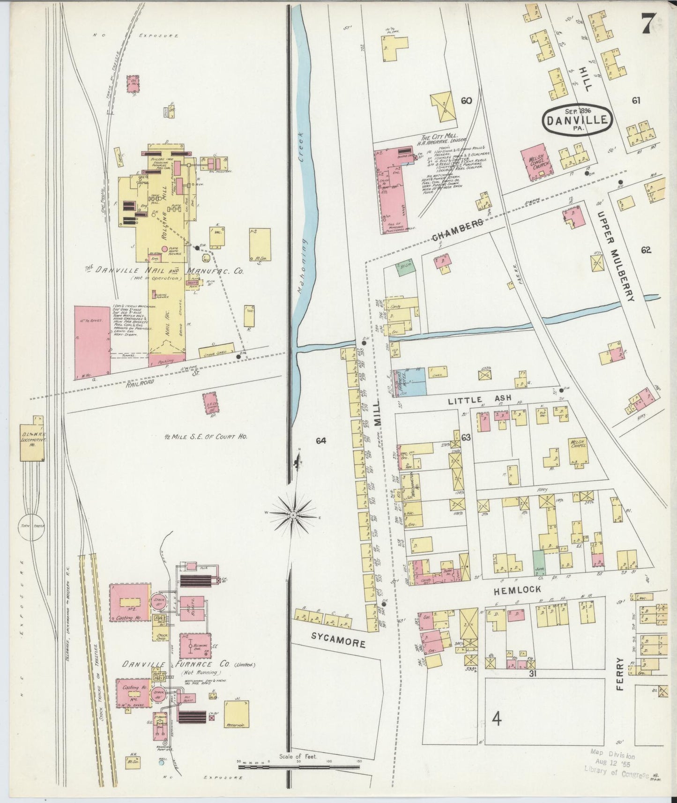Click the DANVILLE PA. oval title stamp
point(577,120)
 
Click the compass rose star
point(293,514)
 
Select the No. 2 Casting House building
point(129,602)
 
